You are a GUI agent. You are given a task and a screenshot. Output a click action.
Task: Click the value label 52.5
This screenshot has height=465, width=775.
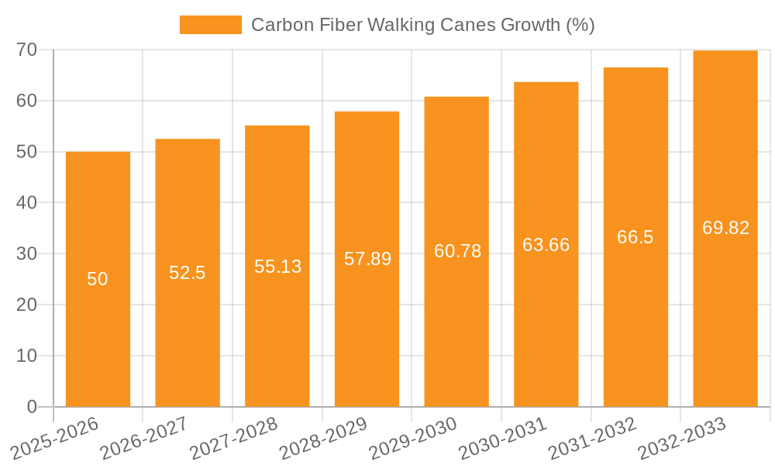tap(188, 273)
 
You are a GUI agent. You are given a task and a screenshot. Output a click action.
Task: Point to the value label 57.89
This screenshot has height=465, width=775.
tap(367, 259)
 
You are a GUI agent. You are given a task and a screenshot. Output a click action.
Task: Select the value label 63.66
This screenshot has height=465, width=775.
tap(546, 245)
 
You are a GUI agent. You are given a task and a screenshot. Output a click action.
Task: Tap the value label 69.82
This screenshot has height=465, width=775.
tap(725, 228)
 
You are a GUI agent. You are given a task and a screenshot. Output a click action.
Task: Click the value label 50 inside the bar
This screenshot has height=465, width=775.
tap(98, 279)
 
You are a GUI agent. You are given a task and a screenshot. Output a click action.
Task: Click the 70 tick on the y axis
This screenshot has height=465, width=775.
tap(27, 50)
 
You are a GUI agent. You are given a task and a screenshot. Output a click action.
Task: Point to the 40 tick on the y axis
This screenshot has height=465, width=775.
tap(27, 203)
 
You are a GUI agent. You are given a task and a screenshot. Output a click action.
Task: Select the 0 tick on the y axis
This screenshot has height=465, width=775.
tap(32, 407)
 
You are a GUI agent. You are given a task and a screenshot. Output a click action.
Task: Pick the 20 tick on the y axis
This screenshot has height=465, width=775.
tap(27, 305)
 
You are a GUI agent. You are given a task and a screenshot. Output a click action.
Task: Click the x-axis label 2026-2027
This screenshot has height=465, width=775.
tap(143, 439)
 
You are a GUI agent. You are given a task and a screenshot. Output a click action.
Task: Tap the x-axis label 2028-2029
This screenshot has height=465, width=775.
tap(322, 439)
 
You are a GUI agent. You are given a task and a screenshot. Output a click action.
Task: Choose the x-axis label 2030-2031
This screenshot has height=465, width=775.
tap(502, 439)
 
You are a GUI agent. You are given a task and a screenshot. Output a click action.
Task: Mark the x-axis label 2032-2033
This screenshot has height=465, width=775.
tap(681, 439)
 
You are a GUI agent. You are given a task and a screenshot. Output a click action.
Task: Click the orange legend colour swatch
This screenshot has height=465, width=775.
tap(211, 25)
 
